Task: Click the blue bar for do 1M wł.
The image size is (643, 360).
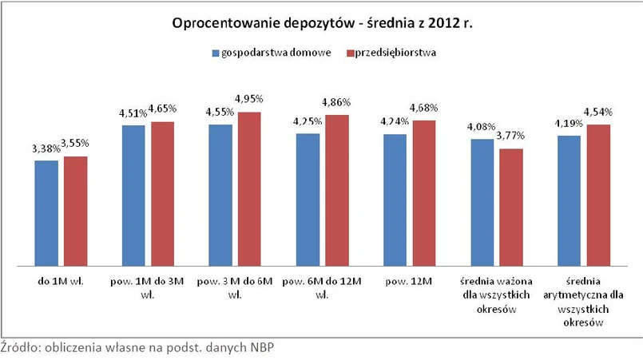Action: click(x=46, y=212)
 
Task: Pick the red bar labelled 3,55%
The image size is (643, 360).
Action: click(x=76, y=210)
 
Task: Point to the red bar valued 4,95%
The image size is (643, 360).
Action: click(x=250, y=188)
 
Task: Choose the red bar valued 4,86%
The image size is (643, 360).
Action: click(x=337, y=190)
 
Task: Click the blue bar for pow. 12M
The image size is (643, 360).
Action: click(x=395, y=200)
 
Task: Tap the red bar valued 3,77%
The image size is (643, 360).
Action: click(x=511, y=207)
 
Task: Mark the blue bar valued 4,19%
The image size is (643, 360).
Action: click(x=569, y=200)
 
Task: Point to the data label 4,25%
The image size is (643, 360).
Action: click(x=308, y=121)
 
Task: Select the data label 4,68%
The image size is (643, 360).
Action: click(x=424, y=108)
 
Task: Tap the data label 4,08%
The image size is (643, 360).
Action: click(x=482, y=126)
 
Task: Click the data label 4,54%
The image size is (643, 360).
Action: click(x=597, y=111)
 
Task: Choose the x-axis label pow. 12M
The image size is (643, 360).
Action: click(x=409, y=281)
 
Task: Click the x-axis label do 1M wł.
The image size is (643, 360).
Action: click(x=61, y=281)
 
